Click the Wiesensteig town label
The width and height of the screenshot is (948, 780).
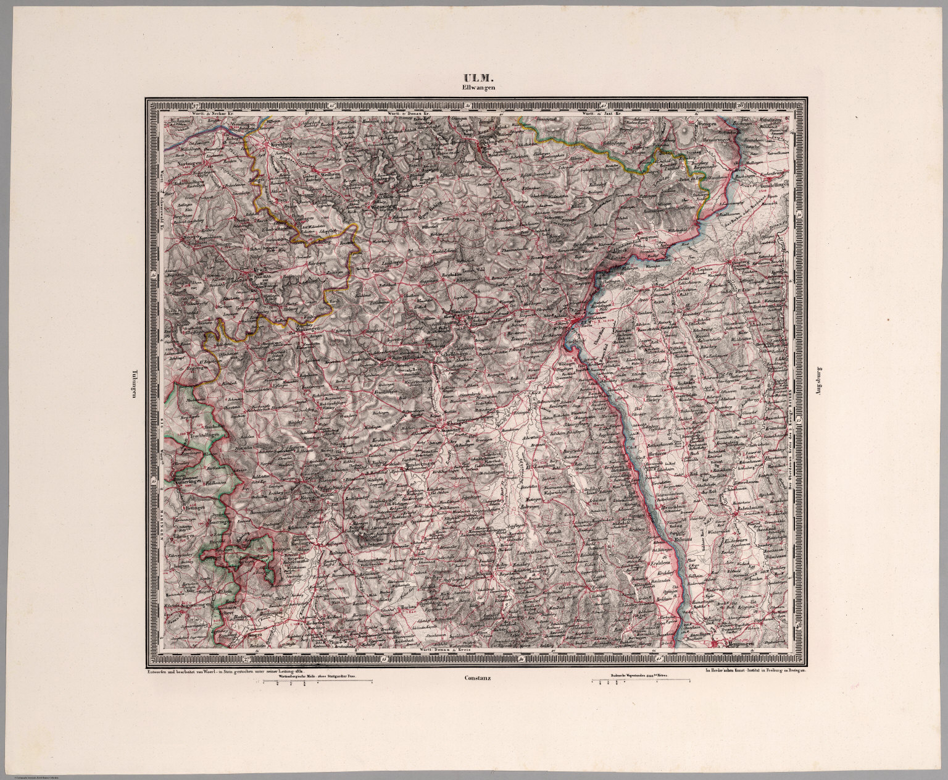click(x=386, y=206)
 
